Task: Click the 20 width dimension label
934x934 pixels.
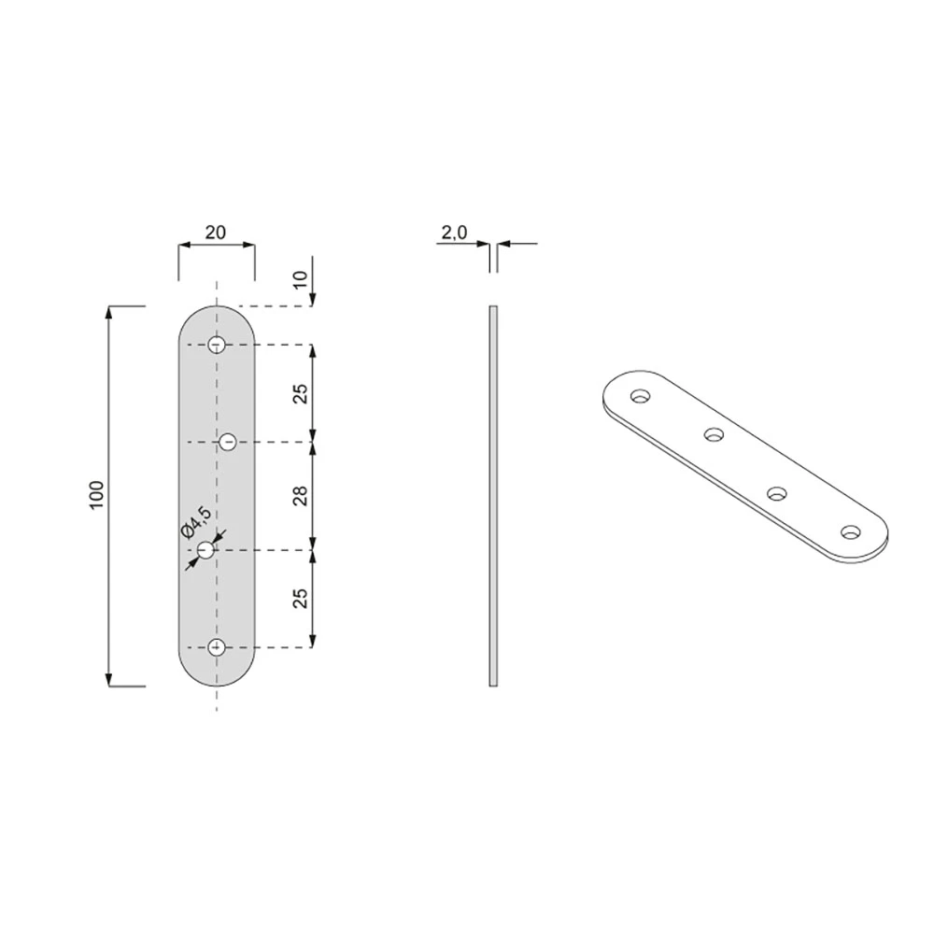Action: tap(216, 233)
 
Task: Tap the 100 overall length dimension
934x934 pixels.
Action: tap(96, 494)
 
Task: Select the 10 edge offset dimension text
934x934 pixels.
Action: tap(301, 278)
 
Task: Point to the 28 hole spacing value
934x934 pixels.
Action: tap(301, 496)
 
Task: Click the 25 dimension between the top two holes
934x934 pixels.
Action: tap(301, 394)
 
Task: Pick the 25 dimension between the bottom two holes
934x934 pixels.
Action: tap(301, 598)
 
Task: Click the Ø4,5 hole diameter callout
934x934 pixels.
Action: tap(196, 522)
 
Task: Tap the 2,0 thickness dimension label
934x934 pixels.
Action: tap(455, 233)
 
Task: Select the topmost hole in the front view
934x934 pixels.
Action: tap(217, 345)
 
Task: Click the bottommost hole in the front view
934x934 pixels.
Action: tap(217, 647)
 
